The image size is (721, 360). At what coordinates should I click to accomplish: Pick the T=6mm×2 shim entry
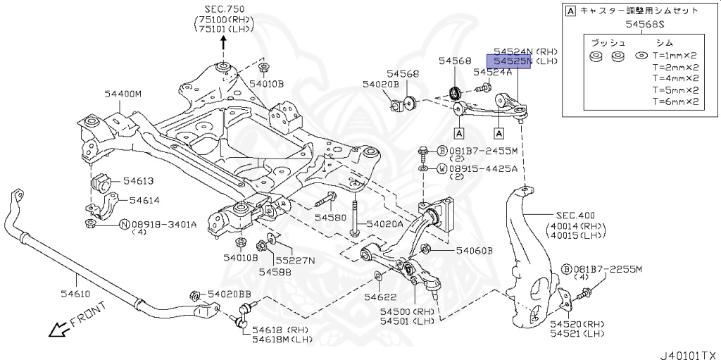(675, 101)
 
